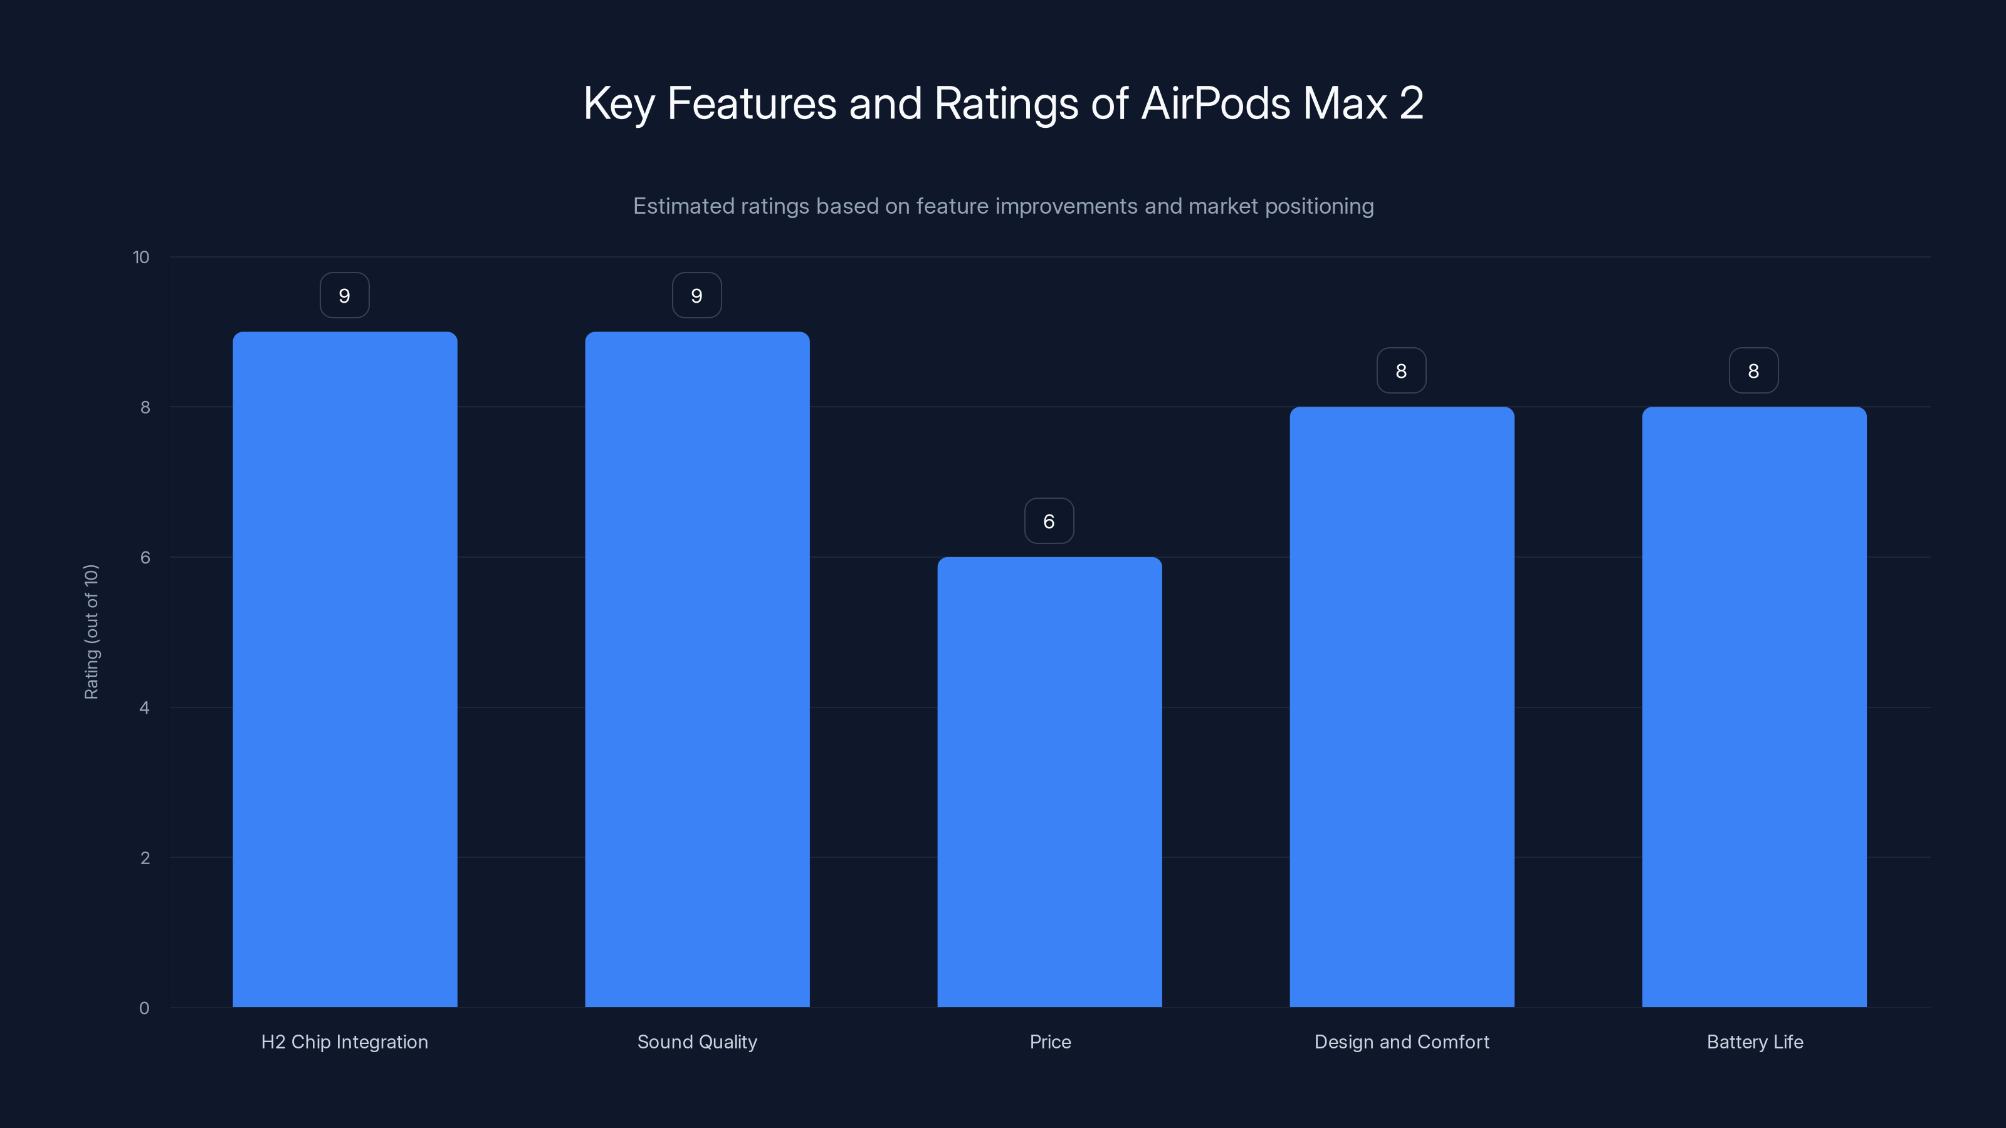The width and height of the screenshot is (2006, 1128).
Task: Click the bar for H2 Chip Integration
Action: [344, 669]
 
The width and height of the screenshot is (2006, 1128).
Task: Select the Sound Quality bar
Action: [697, 669]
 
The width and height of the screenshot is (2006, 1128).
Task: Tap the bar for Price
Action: [1049, 781]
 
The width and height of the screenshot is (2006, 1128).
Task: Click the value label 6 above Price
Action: [1049, 521]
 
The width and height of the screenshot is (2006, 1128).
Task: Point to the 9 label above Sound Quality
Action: [697, 296]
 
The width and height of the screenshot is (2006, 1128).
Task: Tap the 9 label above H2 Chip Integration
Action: [344, 296]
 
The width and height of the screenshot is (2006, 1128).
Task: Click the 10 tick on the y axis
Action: [141, 258]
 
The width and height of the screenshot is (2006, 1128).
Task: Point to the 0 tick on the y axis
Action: [144, 1008]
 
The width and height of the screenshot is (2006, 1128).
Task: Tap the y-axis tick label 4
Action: [144, 708]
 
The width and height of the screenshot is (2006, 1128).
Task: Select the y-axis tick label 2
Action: [144, 858]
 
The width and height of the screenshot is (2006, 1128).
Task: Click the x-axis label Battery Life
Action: [1755, 1042]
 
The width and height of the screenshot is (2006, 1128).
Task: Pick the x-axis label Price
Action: [1050, 1042]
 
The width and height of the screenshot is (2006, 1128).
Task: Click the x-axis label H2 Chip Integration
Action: [344, 1042]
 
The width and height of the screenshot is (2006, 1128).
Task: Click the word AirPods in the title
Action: [1216, 103]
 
